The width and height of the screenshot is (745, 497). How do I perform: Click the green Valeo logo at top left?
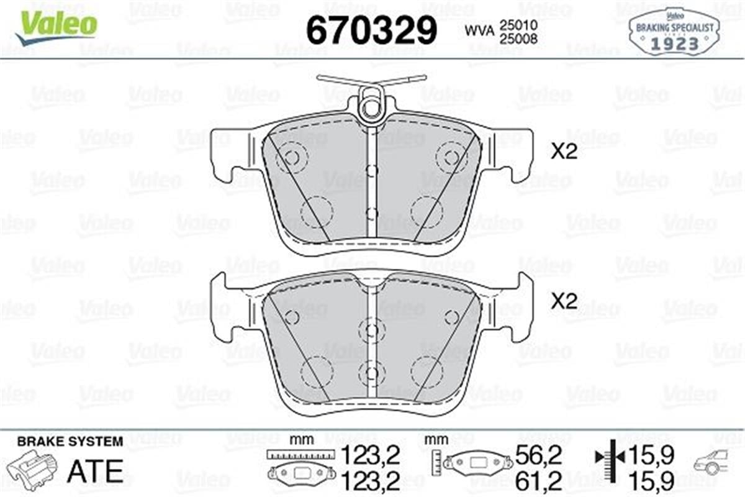tap(56, 25)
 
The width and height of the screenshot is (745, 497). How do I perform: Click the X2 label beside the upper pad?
tap(564, 152)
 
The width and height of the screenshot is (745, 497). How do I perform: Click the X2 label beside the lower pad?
tap(564, 302)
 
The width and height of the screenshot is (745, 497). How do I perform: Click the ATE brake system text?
tap(94, 472)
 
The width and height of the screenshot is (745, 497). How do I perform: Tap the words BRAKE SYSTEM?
tap(70, 442)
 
